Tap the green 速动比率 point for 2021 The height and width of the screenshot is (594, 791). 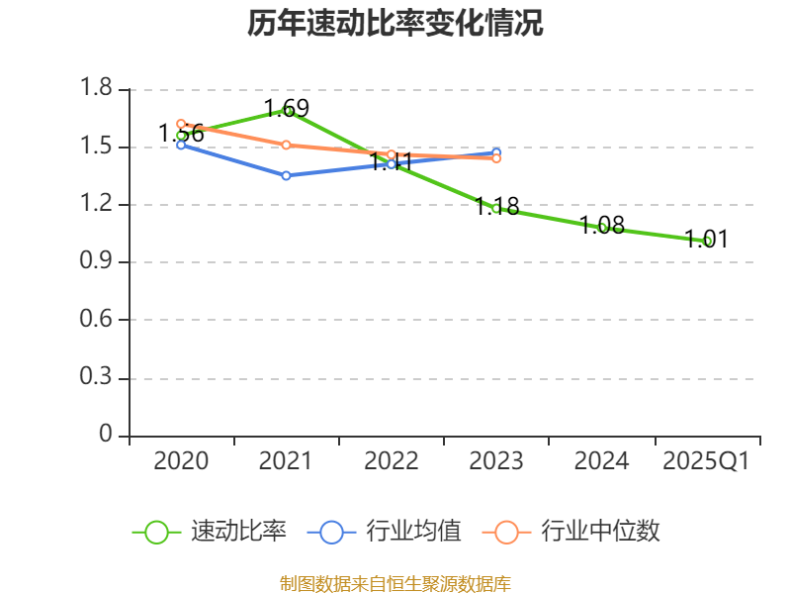(x=287, y=111)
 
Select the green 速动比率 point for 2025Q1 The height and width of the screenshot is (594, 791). (x=707, y=241)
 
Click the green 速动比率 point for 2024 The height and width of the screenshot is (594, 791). (x=602, y=228)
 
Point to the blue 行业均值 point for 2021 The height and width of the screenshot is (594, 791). (x=286, y=175)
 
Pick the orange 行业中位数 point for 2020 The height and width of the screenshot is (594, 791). (x=181, y=124)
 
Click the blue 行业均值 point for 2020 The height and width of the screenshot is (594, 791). (x=181, y=145)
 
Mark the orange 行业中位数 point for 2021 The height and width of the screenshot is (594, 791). (x=286, y=145)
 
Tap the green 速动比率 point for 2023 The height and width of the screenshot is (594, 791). (x=496, y=208)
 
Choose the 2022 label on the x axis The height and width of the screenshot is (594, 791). (x=392, y=461)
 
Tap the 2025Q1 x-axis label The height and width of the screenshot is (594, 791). (x=706, y=461)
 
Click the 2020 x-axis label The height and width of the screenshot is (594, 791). (x=182, y=461)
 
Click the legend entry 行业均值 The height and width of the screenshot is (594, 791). (x=385, y=532)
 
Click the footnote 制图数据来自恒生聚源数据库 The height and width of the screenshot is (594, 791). (x=395, y=583)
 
